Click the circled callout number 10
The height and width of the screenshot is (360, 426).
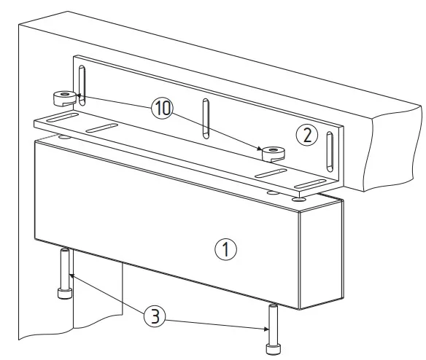click(162, 109)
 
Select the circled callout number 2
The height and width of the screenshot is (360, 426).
click(307, 136)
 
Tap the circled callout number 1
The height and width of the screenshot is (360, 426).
click(226, 249)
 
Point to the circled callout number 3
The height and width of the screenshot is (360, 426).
click(155, 316)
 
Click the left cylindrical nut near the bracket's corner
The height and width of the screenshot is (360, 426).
click(64, 98)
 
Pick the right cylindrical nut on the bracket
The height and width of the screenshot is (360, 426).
click(273, 154)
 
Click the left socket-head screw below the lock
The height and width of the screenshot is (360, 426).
click(65, 273)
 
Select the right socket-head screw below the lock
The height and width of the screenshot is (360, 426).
click(273, 329)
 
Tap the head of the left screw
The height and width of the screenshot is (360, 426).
click(65, 294)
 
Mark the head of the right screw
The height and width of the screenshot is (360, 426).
click(273, 349)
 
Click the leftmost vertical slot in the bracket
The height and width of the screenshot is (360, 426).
click(82, 85)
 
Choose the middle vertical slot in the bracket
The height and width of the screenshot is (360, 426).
click(206, 119)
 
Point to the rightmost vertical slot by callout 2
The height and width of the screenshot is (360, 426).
click(330, 152)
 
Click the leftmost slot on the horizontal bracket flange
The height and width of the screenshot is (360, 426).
click(63, 117)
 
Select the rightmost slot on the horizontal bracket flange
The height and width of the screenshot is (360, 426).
click(310, 184)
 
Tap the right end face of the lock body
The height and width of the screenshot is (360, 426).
click(321, 254)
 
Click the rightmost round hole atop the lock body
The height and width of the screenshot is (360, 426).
click(299, 200)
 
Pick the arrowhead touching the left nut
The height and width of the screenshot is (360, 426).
click(79, 95)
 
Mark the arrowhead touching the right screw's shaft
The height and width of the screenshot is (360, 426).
click(266, 329)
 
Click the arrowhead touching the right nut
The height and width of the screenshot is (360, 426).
click(260, 148)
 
